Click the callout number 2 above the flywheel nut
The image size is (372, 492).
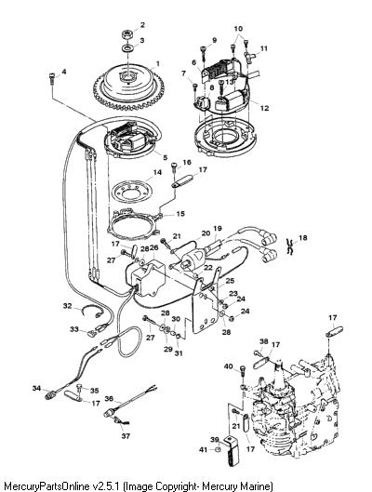click(x=142, y=25)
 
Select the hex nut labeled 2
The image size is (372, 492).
click(x=127, y=33)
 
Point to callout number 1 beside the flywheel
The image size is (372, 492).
click(x=158, y=63)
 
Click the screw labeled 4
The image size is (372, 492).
click(x=52, y=77)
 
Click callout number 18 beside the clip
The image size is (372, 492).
click(x=302, y=237)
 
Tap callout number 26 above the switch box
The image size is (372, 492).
click(x=154, y=248)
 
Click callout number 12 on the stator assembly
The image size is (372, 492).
click(x=264, y=108)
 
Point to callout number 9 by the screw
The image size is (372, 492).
click(x=214, y=40)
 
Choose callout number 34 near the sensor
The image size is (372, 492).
click(x=36, y=388)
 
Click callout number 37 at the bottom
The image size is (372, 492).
click(x=126, y=436)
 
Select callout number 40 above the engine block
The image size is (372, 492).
click(x=229, y=366)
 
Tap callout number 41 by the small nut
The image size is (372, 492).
click(x=204, y=449)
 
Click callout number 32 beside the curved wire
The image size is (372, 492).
click(x=68, y=306)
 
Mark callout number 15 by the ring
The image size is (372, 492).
click(x=180, y=214)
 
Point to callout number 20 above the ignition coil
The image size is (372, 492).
click(x=206, y=233)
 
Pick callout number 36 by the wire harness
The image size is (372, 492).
click(x=109, y=398)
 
